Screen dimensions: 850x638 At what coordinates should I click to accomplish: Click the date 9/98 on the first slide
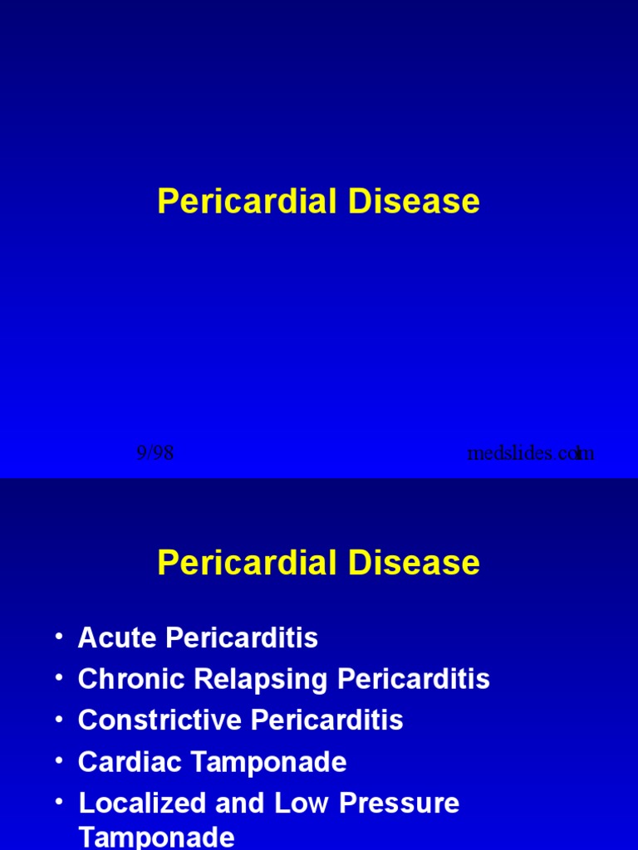[x=155, y=453]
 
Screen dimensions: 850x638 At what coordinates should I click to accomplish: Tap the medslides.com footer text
[x=531, y=453]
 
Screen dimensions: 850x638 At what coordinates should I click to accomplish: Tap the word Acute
[x=118, y=637]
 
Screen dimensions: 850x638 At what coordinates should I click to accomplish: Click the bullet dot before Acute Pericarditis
[x=58, y=636]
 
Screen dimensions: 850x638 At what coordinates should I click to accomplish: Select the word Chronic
[x=132, y=679]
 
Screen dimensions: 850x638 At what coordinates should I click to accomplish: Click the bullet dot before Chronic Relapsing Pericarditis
[x=58, y=677]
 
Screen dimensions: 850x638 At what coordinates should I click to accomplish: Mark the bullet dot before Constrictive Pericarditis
[x=58, y=718]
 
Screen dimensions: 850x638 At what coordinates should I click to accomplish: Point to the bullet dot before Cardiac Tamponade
[x=58, y=760]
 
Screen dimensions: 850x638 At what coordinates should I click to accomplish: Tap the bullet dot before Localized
[x=58, y=801]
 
